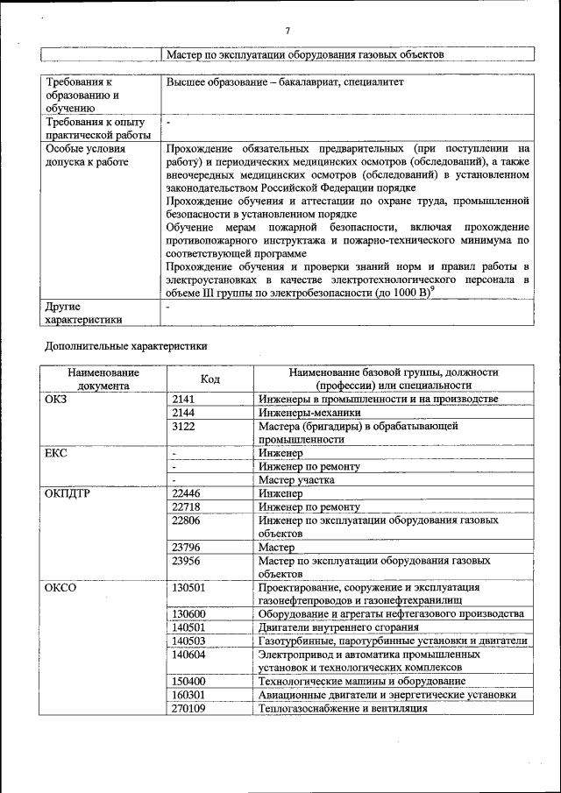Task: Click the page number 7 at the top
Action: [287, 32]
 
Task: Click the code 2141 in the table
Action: [183, 400]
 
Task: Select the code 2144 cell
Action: [183, 413]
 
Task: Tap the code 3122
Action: [183, 426]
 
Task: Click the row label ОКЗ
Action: [56, 400]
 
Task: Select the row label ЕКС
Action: [56, 453]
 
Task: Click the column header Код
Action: [210, 379]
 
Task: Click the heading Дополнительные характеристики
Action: [126, 346]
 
